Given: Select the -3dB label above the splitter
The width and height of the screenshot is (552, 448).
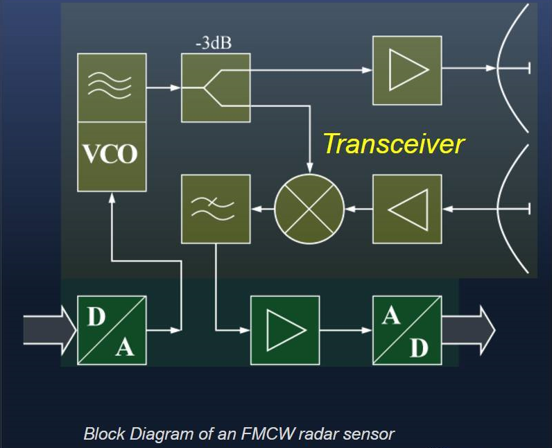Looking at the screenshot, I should click(214, 43).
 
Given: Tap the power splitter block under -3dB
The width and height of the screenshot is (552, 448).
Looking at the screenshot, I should click(215, 88).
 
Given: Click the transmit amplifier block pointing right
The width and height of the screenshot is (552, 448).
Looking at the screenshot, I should click(407, 70).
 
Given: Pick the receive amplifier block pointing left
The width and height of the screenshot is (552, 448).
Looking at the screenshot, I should click(407, 209).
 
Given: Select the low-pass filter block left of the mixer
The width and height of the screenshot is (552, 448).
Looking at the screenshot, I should click(215, 209).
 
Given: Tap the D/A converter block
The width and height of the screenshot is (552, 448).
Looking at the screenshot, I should click(112, 330).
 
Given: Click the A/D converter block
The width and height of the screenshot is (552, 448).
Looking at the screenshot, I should click(407, 330).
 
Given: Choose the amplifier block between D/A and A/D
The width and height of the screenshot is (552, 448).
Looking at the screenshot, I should click(285, 330).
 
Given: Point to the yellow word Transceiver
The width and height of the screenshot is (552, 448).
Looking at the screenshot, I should click(393, 144).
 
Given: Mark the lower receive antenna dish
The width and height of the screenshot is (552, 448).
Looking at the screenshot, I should click(510, 208).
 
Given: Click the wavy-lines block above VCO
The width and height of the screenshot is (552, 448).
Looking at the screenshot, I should click(112, 87).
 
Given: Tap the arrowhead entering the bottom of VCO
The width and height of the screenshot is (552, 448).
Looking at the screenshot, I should click(112, 197).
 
